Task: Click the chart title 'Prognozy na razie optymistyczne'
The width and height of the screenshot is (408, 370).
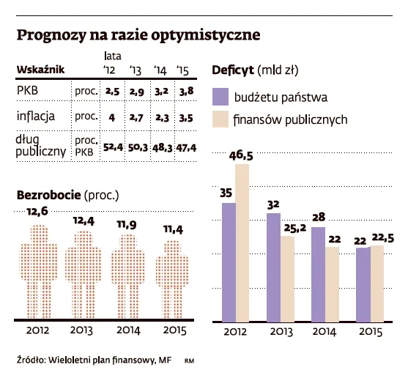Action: (x=138, y=35)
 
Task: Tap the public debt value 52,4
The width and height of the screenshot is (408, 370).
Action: (x=112, y=147)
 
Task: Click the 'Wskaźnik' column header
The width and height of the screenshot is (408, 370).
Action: (x=40, y=69)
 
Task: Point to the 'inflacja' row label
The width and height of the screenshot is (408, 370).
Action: (x=35, y=116)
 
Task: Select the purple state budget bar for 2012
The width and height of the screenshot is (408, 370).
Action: (x=229, y=262)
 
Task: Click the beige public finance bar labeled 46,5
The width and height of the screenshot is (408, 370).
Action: (x=242, y=243)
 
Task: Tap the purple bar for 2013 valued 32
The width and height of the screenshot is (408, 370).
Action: (x=273, y=267)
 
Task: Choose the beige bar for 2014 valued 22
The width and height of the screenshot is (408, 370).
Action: (x=331, y=284)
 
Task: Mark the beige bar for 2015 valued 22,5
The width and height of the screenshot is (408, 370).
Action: (x=377, y=283)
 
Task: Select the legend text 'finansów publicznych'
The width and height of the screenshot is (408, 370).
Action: (x=290, y=120)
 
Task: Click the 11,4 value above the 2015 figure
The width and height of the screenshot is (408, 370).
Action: (x=174, y=231)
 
